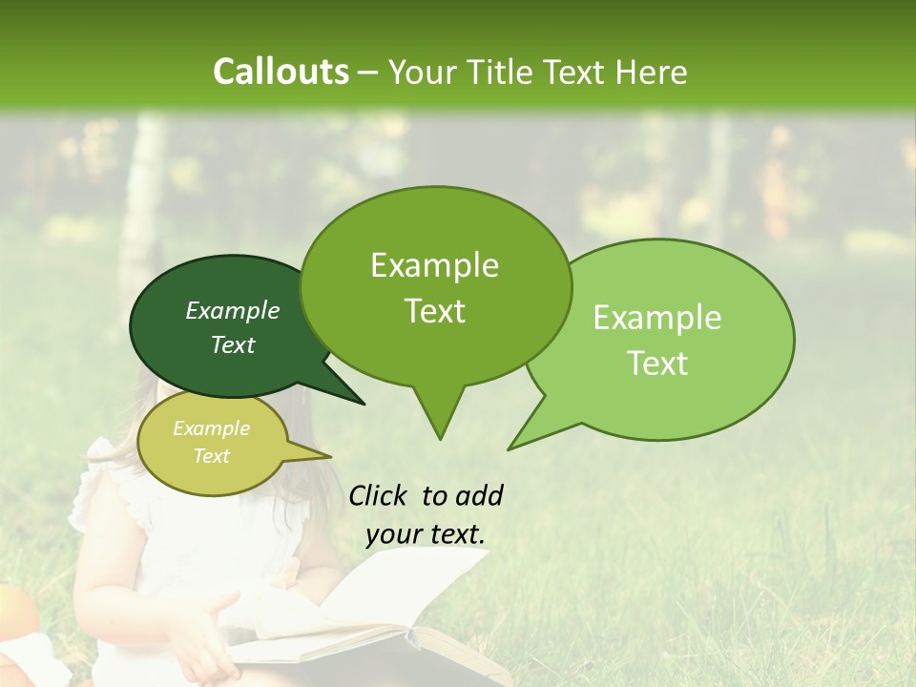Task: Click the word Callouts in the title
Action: (x=281, y=72)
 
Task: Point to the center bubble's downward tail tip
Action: (x=440, y=439)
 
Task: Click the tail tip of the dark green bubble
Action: (x=364, y=404)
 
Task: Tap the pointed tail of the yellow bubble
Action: (x=330, y=456)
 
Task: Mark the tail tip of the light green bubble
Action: (x=510, y=448)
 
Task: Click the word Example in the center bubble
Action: (x=435, y=265)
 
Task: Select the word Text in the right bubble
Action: (x=658, y=364)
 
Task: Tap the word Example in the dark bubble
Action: (x=233, y=310)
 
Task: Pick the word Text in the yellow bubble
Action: (x=212, y=456)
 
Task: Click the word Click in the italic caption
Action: (x=379, y=495)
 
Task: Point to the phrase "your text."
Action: (x=426, y=534)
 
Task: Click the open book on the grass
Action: (x=382, y=620)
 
